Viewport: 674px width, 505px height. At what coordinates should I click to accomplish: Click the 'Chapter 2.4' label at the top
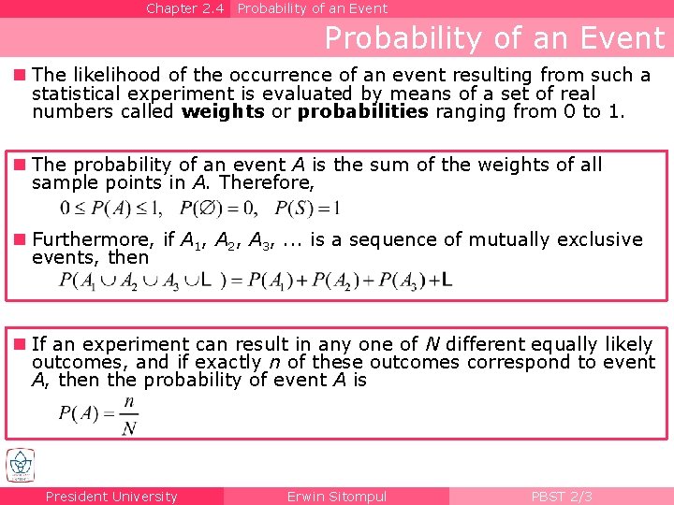click(x=185, y=8)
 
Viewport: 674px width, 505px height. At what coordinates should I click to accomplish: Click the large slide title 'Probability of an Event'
click(x=493, y=38)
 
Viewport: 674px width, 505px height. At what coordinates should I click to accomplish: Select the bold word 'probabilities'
click(x=363, y=112)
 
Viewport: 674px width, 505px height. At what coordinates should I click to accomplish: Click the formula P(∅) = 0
click(x=215, y=208)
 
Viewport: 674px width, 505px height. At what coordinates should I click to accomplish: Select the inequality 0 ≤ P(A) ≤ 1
click(x=110, y=208)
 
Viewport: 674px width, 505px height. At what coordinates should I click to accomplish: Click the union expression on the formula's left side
click(x=140, y=280)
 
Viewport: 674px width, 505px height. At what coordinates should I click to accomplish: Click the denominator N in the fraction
click(x=129, y=427)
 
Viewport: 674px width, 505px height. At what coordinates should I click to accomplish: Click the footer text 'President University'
click(x=111, y=497)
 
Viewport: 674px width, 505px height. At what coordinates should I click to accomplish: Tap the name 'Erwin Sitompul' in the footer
click(x=336, y=497)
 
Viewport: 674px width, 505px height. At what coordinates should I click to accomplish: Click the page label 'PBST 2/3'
click(x=562, y=497)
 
